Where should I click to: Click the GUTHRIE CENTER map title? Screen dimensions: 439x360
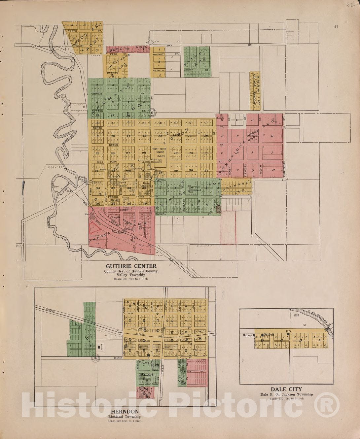[131, 266]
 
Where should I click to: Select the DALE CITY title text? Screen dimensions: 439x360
[286, 389]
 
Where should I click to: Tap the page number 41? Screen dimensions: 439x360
[336, 27]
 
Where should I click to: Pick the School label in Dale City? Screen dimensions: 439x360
[248, 335]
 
